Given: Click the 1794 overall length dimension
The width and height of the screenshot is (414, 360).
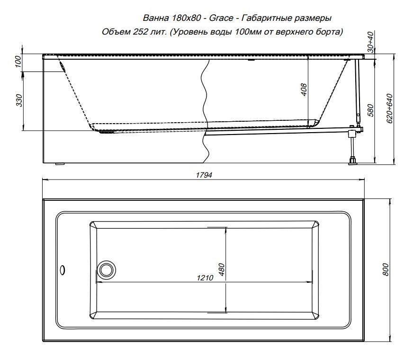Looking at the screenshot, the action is (x=204, y=175).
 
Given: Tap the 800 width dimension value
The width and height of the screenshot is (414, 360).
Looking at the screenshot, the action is (x=386, y=270).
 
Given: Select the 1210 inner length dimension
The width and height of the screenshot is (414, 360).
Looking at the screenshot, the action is (x=205, y=278).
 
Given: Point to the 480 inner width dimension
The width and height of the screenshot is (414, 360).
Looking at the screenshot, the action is (x=222, y=270).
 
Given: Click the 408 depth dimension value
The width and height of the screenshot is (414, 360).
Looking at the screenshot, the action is (x=304, y=89).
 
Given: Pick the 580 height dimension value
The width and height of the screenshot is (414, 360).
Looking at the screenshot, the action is (x=370, y=111).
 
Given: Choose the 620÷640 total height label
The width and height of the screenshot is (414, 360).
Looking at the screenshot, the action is (x=390, y=108).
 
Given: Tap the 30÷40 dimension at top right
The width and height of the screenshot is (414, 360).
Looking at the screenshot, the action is (x=371, y=42).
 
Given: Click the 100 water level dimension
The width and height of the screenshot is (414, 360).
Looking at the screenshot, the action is (x=18, y=61).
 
